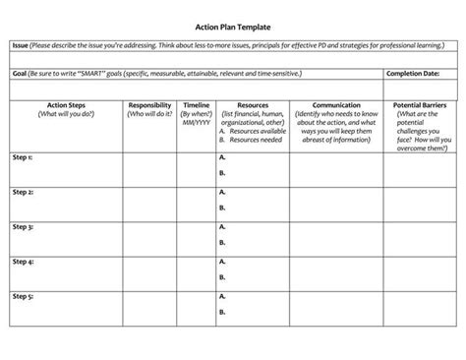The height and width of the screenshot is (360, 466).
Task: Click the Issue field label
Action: coord(20,45)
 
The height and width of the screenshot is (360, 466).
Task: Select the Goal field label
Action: coord(19,73)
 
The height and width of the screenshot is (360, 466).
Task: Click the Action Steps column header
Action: coord(66,104)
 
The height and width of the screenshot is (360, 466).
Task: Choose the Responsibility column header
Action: coord(150,104)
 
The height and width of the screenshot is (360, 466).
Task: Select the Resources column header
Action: coord(253,104)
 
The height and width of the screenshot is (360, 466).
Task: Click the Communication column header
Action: coord(336,104)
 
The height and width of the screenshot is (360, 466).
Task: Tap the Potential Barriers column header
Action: coord(422,104)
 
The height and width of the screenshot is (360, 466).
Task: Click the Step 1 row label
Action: coord(23,157)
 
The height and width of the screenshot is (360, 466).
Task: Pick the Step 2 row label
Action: coord(23,193)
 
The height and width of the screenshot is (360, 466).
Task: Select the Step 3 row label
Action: coord(23,227)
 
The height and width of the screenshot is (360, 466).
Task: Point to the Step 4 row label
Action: coord(23,262)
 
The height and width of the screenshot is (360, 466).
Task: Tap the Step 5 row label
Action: coord(23,296)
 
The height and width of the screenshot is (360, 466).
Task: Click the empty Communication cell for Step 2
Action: coord(336,203)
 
